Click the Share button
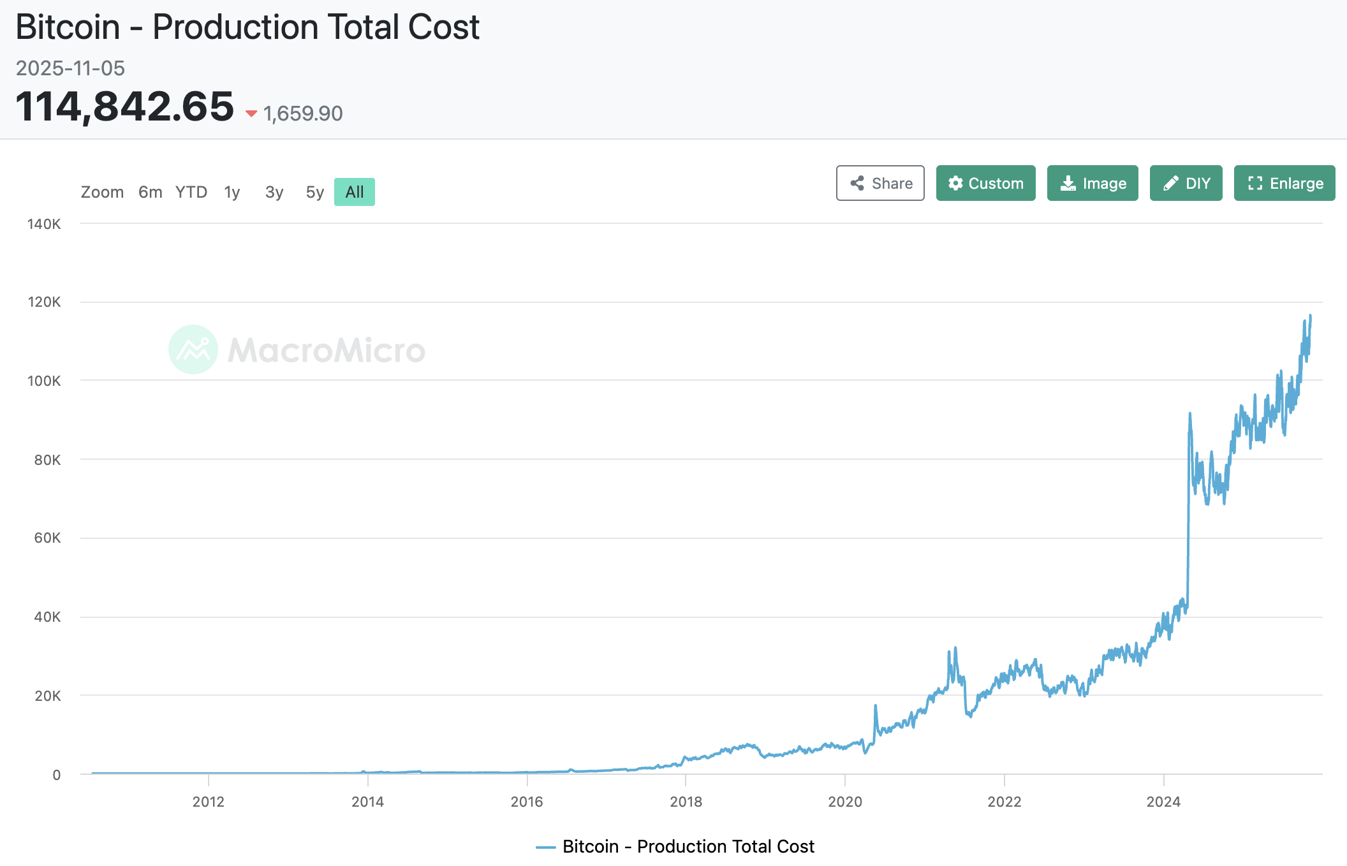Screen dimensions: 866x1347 click(880, 183)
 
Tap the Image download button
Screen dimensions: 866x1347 click(1093, 183)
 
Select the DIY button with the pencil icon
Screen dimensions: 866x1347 click(1186, 183)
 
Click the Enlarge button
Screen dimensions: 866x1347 click(1284, 183)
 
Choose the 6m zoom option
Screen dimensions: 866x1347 click(150, 192)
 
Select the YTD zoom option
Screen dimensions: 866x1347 click(191, 192)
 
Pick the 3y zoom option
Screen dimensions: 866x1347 click(274, 192)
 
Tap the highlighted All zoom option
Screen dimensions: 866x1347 click(355, 192)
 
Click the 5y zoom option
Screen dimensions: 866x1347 click(314, 192)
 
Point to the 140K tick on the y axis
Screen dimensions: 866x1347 click(44, 224)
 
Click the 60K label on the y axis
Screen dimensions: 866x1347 click(47, 538)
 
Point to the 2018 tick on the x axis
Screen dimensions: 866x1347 click(686, 802)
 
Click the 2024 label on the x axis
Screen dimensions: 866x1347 click(1163, 802)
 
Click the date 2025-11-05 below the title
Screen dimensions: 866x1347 click(70, 68)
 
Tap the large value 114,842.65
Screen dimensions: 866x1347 click(125, 106)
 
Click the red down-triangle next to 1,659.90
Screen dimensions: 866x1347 click(251, 114)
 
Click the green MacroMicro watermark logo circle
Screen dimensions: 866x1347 click(193, 349)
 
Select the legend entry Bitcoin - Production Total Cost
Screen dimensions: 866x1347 click(676, 846)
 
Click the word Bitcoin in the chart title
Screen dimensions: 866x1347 click(68, 27)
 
